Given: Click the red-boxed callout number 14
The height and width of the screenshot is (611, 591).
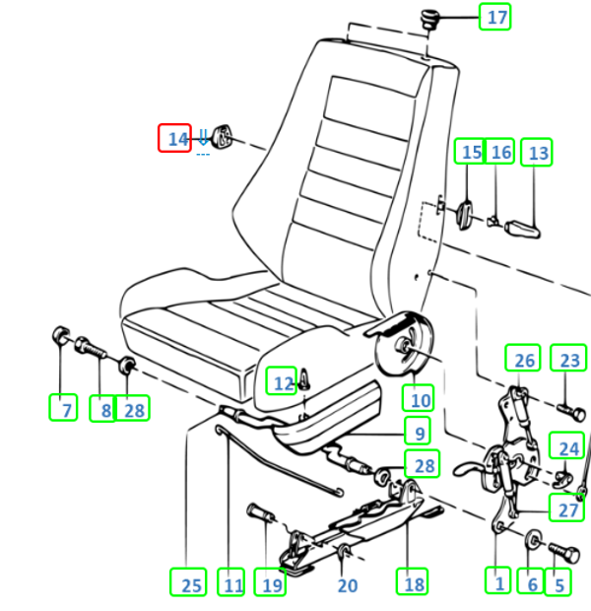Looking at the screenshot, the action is [174, 138].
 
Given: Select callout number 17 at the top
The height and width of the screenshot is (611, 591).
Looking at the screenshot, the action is [494, 17].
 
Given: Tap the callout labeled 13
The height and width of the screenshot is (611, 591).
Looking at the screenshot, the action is [537, 152].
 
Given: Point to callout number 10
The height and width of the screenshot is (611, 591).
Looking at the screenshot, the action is [418, 398].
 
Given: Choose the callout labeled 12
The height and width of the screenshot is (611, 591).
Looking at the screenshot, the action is [282, 380].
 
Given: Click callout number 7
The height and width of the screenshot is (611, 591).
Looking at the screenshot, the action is [63, 408].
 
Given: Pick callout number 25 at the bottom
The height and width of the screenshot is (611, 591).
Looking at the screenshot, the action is [188, 582].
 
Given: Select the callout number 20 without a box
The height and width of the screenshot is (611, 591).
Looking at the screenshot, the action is [348, 585].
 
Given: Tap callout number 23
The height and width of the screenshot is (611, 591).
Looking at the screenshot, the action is [568, 358].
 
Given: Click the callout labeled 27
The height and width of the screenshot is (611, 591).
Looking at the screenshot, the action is [566, 508].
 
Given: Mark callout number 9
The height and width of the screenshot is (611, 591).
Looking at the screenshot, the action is [418, 431].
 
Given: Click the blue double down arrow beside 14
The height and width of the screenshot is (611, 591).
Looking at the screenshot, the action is [203, 137].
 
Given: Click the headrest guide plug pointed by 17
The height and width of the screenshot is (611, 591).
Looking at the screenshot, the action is [430, 19].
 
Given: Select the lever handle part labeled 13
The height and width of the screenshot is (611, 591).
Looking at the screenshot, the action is [522, 229].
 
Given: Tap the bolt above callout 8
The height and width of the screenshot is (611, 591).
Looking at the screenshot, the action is [91, 348].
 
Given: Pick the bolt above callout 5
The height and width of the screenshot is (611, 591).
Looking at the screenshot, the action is [564, 552].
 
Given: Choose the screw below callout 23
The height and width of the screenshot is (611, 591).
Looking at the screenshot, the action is [571, 412].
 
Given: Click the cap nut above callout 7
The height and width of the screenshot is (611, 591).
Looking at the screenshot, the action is [61, 335].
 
